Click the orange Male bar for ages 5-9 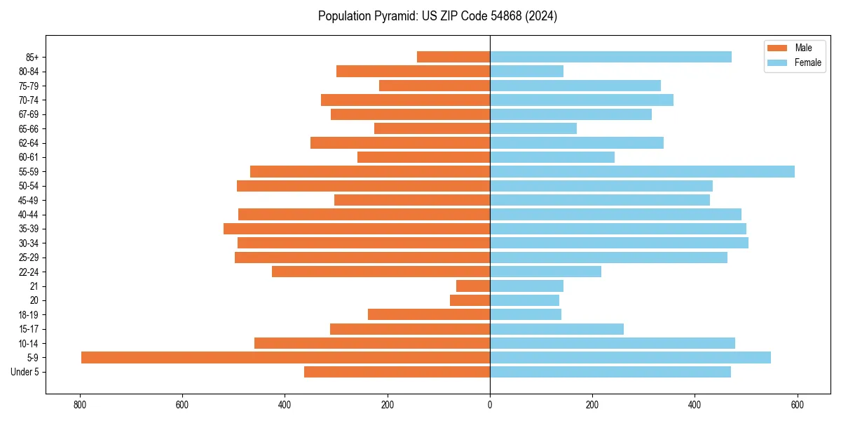point(285,358)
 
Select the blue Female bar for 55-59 point(642,172)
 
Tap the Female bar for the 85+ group point(610,57)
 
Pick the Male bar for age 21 point(473,286)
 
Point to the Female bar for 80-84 point(526,72)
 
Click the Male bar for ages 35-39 point(357,229)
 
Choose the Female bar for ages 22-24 point(545,272)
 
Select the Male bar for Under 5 point(397,372)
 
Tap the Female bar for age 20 point(524,300)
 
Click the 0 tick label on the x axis point(490,405)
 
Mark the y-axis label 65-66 point(29,129)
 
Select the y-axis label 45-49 point(29,201)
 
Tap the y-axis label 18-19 point(29,315)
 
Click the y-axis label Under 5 point(25,372)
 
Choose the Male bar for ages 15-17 point(410,329)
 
